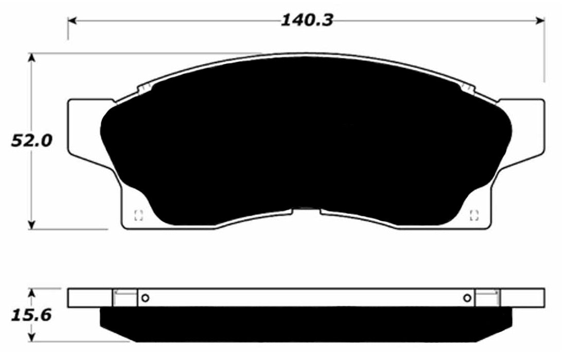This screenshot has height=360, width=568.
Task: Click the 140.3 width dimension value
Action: [307, 20]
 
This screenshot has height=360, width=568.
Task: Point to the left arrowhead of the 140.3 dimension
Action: [72, 21]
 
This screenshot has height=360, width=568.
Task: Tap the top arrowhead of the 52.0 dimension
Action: [32, 57]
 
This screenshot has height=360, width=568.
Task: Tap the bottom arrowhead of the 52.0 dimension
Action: [32, 225]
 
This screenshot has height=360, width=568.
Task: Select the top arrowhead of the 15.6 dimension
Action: [32, 292]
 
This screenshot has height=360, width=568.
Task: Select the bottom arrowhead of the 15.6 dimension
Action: [32, 338]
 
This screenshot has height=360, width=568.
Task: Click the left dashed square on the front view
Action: [137, 215]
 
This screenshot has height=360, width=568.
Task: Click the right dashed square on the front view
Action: [475, 215]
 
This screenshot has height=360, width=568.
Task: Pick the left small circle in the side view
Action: [145, 298]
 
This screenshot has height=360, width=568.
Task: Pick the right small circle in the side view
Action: [467, 298]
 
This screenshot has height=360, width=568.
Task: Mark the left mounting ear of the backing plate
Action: [82, 126]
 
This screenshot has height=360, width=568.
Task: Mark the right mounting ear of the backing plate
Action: [530, 126]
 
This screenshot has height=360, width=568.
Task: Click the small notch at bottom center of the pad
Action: [306, 210]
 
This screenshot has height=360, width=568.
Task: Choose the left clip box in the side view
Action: [125, 298]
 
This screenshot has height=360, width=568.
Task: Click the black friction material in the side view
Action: [306, 324]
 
